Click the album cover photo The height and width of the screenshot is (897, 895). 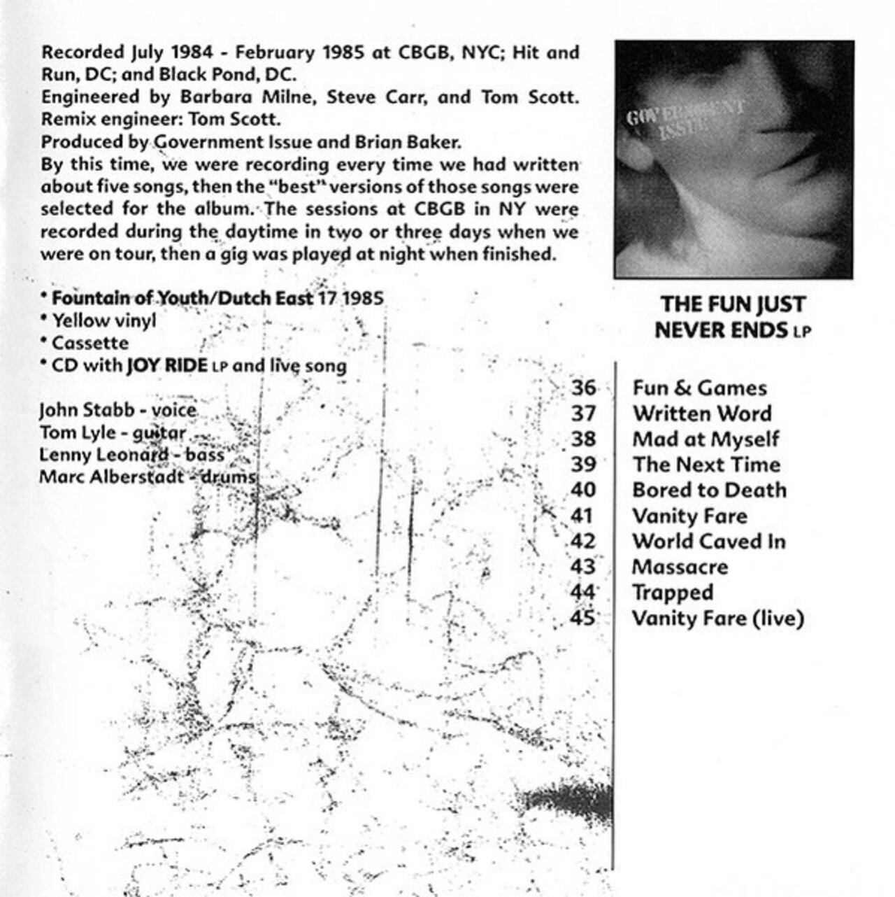click(733, 160)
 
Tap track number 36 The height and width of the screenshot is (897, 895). click(584, 388)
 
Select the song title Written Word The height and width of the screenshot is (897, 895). click(701, 414)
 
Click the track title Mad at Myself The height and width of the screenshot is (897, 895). click(705, 439)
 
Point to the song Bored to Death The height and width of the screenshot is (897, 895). click(709, 490)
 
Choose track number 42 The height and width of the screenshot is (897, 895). click(583, 542)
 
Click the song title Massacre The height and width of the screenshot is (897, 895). click(680, 567)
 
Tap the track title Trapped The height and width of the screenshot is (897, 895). click(673, 593)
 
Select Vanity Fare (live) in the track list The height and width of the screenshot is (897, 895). click(717, 619)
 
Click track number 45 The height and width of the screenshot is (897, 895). click(583, 619)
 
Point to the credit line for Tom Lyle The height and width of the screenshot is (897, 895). click(113, 432)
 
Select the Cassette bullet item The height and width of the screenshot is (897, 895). click(90, 344)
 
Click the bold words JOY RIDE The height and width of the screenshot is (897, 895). click(166, 366)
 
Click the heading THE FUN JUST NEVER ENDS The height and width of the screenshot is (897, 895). click(732, 317)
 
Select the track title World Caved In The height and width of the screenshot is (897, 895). click(708, 542)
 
